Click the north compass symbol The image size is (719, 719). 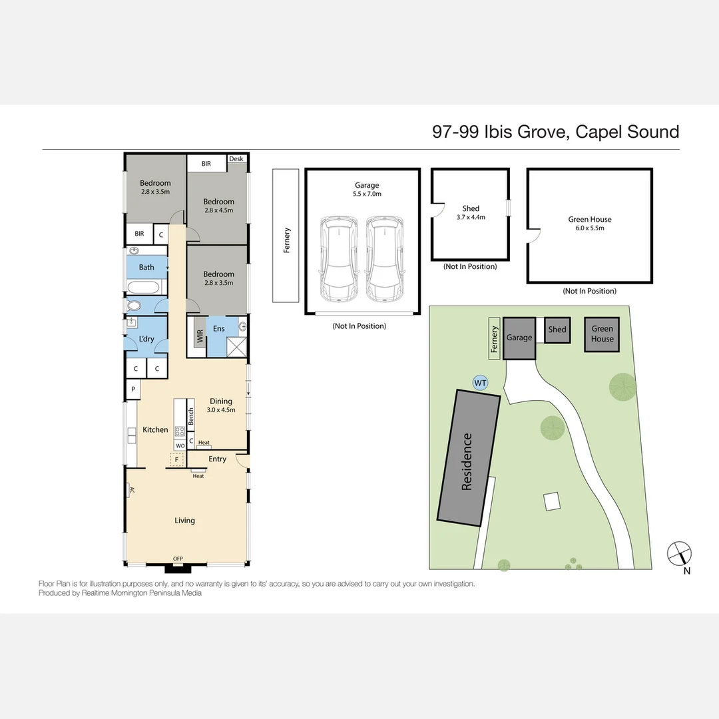[679, 554]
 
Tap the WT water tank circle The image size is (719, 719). [480, 383]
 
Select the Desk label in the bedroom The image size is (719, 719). [236, 158]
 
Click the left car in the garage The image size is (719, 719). [338, 258]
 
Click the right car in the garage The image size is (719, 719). [385, 258]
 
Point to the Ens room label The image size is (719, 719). [219, 328]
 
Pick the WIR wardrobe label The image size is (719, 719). [200, 336]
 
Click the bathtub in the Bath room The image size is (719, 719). [143, 288]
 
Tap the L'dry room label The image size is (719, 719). [146, 339]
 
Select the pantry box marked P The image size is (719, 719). [133, 389]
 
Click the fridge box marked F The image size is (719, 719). [176, 459]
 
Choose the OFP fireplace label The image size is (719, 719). [178, 559]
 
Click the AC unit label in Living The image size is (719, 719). [132, 490]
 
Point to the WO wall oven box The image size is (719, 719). [180, 445]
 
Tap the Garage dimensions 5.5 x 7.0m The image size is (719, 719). [367, 194]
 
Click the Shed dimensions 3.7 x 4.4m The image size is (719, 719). [471, 217]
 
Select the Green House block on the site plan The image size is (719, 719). [602, 334]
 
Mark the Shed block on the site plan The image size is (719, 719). [557, 330]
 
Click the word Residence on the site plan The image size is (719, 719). [467, 462]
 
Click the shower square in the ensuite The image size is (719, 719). [236, 347]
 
